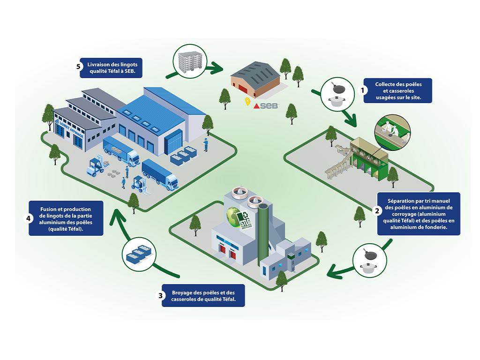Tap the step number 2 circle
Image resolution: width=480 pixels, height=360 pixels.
(x=376, y=210)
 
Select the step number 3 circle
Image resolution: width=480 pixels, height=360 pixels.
(x=161, y=296)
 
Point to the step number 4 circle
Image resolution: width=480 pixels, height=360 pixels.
(x=28, y=218)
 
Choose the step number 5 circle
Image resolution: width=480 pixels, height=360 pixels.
(x=80, y=66)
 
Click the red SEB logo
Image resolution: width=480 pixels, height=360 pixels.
(x=266, y=106)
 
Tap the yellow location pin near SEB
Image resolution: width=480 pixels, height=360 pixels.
(x=247, y=102)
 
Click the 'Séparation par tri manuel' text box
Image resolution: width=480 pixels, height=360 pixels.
(x=418, y=213)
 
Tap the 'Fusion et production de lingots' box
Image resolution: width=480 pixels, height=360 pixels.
(x=66, y=218)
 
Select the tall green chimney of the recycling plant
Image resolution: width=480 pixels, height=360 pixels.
(x=263, y=234)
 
